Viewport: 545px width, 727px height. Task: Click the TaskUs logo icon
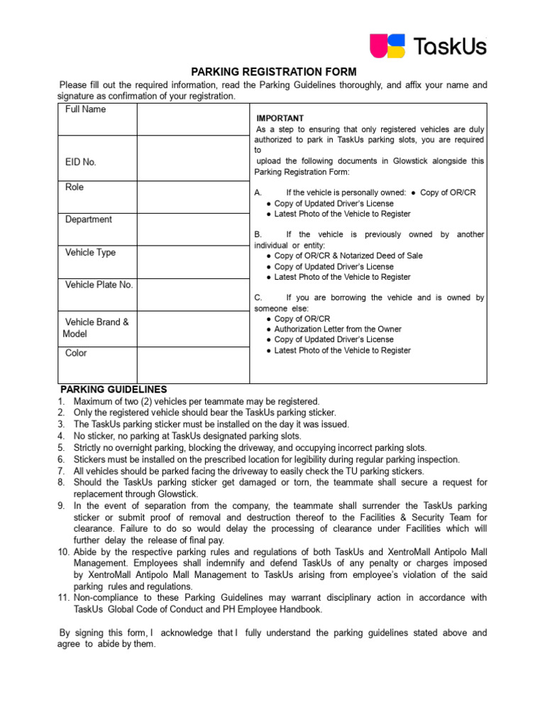387,46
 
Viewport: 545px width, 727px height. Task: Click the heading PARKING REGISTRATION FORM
275,72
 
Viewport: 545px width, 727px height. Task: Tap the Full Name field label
85,109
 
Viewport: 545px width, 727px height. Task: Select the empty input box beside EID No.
193,157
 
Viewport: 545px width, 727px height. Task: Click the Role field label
75,187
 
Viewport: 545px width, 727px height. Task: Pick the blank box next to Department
193,229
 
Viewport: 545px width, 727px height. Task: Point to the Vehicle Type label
90,253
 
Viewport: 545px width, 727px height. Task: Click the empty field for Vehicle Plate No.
193,295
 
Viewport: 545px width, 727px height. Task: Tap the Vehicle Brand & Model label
96,327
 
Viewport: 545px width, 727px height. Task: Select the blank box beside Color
193,364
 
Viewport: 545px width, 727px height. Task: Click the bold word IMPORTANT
280,119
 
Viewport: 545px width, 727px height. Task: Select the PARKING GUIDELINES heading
114,390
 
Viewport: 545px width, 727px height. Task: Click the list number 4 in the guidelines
61,436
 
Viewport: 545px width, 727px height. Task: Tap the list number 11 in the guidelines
62,598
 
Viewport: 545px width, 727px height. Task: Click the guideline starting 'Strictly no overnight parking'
250,448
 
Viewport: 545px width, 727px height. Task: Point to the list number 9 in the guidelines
61,505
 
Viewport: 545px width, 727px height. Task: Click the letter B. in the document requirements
258,234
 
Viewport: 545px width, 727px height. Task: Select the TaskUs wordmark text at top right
451,47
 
